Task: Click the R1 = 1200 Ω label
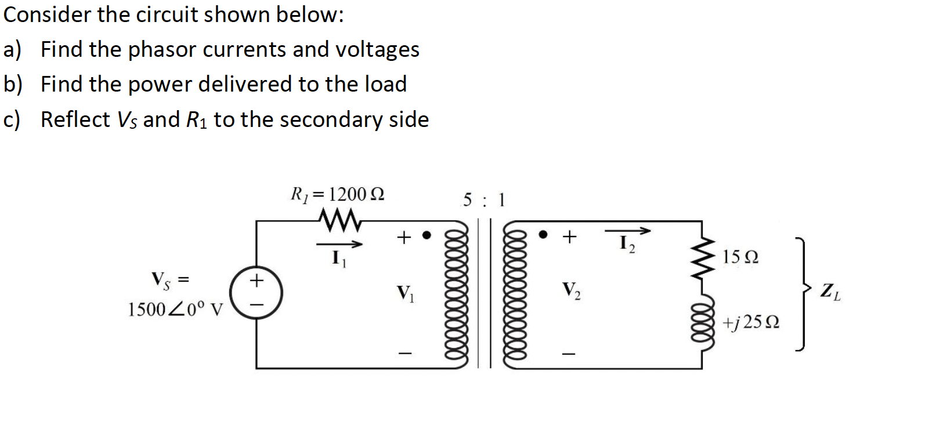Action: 337,194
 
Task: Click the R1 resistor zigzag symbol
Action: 339,220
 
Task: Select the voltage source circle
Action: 256,293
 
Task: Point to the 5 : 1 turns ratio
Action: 484,201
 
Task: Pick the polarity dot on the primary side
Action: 426,235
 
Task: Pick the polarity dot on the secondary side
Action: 543,235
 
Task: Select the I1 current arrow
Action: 339,245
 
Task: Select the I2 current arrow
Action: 627,231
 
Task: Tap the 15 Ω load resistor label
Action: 740,257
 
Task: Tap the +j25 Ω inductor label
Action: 751,322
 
